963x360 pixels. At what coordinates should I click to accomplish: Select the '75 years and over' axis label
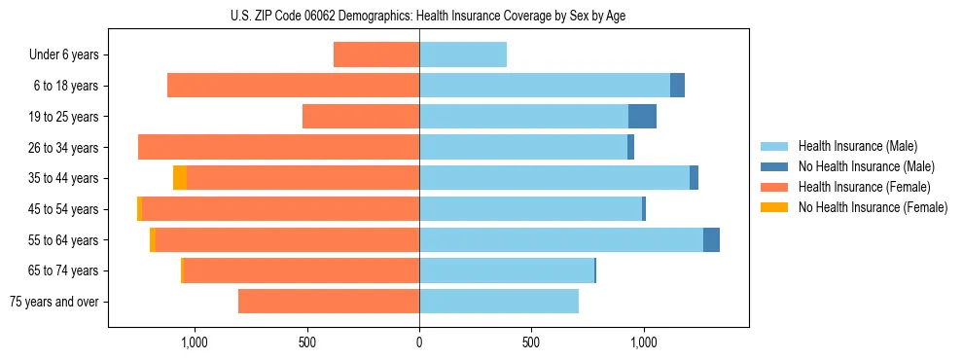pos(54,302)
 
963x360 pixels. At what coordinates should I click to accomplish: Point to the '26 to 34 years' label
pos(64,147)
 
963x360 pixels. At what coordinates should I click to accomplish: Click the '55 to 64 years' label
pos(64,239)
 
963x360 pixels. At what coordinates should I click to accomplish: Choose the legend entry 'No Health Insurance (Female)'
pos(873,207)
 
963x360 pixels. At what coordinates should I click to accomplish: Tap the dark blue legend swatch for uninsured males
pos(774,166)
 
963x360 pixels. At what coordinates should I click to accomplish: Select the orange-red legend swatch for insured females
pos(774,187)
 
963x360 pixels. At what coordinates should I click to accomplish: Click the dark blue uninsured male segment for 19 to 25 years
pos(642,117)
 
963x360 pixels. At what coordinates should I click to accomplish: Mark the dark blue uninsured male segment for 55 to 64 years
pos(711,240)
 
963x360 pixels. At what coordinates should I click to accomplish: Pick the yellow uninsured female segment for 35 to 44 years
pos(180,178)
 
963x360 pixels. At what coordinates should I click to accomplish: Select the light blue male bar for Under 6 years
pos(463,54)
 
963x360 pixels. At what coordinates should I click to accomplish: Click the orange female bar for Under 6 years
pos(376,54)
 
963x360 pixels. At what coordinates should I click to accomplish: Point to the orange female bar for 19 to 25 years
pos(361,117)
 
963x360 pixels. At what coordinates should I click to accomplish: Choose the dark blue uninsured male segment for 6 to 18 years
pos(677,86)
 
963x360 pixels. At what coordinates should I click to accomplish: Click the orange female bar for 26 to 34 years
pos(278,147)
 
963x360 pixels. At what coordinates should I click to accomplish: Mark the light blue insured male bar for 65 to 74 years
pos(506,270)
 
